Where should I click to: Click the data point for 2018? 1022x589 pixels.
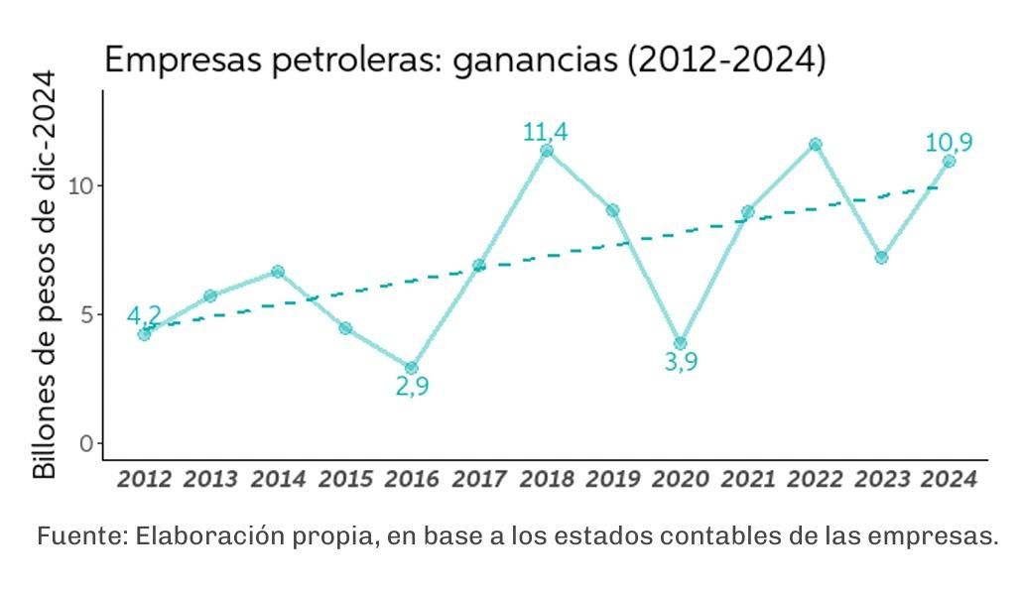coord(546,151)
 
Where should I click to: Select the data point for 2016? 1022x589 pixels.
coord(412,368)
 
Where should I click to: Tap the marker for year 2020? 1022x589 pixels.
coord(680,343)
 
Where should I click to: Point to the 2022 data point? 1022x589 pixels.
coord(815,145)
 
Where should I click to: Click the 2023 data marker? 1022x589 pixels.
coord(881,258)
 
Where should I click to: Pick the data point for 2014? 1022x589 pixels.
coord(278,272)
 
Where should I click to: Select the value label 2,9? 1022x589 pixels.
coord(412,387)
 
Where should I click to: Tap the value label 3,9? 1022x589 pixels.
coord(681,362)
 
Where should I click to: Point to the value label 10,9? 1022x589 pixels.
coord(949,143)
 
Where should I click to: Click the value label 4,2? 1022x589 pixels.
coord(144,315)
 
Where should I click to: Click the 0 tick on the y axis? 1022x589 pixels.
coord(86,443)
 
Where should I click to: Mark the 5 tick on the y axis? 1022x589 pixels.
coord(86,314)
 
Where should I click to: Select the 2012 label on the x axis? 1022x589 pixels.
coord(144,479)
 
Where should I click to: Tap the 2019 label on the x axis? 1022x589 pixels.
coord(613,479)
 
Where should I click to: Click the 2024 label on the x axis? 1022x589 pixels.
coord(949,479)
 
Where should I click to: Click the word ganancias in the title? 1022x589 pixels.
coord(534,60)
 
